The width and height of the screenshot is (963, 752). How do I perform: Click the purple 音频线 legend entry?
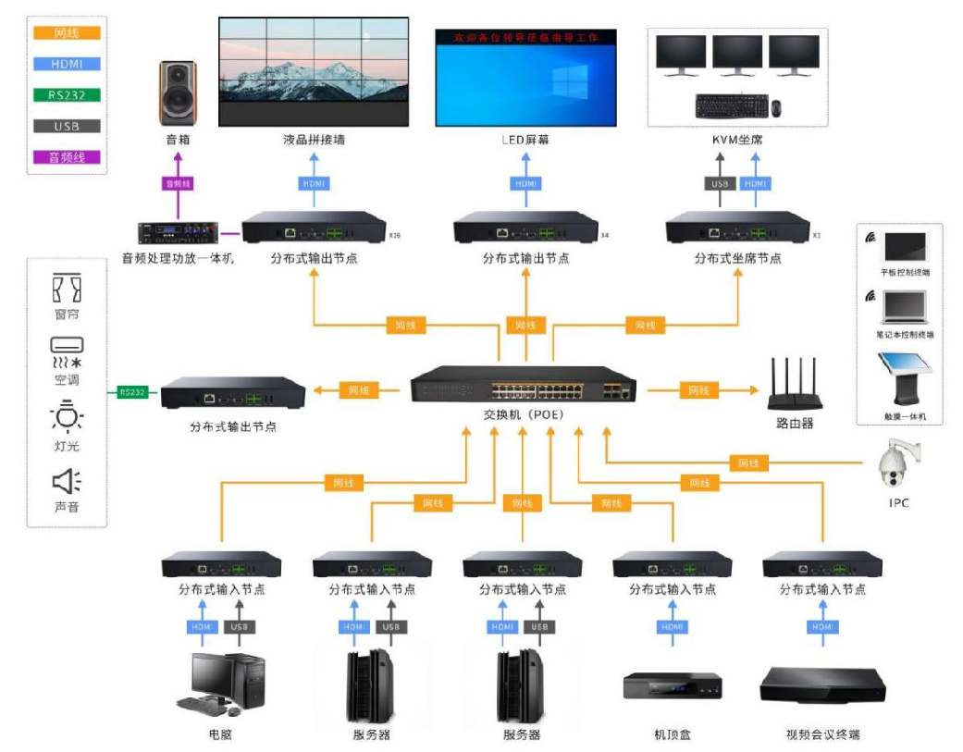[x=67, y=157]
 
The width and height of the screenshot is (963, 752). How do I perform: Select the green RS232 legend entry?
[x=67, y=95]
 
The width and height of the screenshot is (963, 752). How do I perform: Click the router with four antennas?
[x=794, y=388]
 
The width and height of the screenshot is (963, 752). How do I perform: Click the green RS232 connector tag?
[x=132, y=392]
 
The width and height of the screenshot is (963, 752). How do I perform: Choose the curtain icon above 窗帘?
[x=67, y=288]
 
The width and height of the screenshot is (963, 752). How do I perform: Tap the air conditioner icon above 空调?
[x=67, y=351]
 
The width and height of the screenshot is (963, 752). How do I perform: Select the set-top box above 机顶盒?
[x=673, y=686]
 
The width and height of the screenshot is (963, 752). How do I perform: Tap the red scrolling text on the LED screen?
[x=525, y=38]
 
